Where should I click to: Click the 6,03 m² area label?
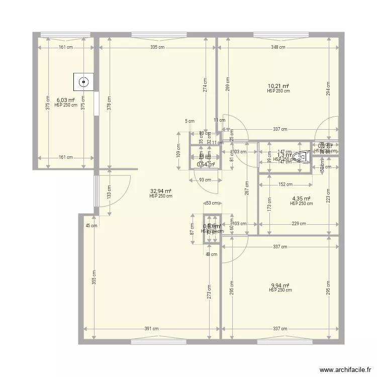tap(65, 100)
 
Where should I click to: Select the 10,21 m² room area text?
tap(278, 86)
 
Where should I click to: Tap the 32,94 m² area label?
tap(160, 191)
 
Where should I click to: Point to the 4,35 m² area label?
tap(301, 199)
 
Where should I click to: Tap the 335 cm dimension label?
tap(157, 47)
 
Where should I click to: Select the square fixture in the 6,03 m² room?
tap(83, 81)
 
